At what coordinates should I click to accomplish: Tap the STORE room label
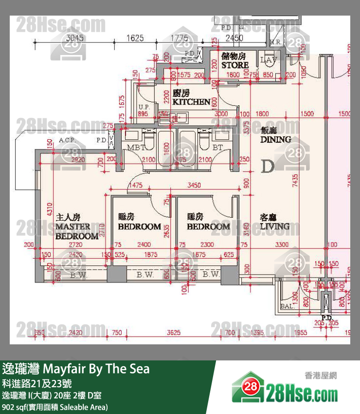pyautogui.click(x=235, y=61)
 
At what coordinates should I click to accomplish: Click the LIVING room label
pyautogui.click(x=274, y=222)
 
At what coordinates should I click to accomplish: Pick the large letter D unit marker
pyautogui.click(x=268, y=167)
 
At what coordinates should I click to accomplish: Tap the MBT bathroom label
pyautogui.click(x=133, y=148)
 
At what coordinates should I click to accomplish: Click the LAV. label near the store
pyautogui.click(x=268, y=60)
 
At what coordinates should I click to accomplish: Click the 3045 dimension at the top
pyautogui.click(x=75, y=38)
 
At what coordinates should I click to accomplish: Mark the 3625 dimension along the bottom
pyautogui.click(x=174, y=333)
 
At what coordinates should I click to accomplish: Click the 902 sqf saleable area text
pyautogui.click(x=55, y=407)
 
